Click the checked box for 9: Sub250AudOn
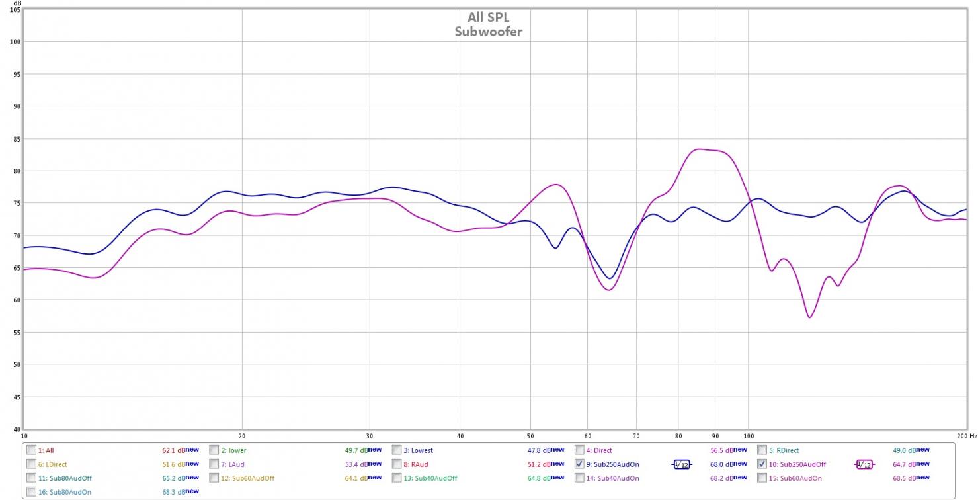(x=579, y=464)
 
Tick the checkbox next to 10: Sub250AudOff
(x=762, y=464)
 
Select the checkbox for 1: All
(x=32, y=450)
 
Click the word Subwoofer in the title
(x=488, y=31)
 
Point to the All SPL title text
(x=488, y=17)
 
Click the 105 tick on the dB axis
(x=15, y=10)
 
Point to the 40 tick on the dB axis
(x=15, y=429)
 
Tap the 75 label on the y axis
(x=15, y=203)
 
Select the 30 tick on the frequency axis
(x=370, y=437)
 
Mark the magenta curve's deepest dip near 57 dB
(x=809, y=317)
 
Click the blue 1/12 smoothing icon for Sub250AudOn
(x=681, y=464)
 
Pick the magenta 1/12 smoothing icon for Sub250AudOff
(x=864, y=464)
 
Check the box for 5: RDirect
(x=762, y=450)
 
